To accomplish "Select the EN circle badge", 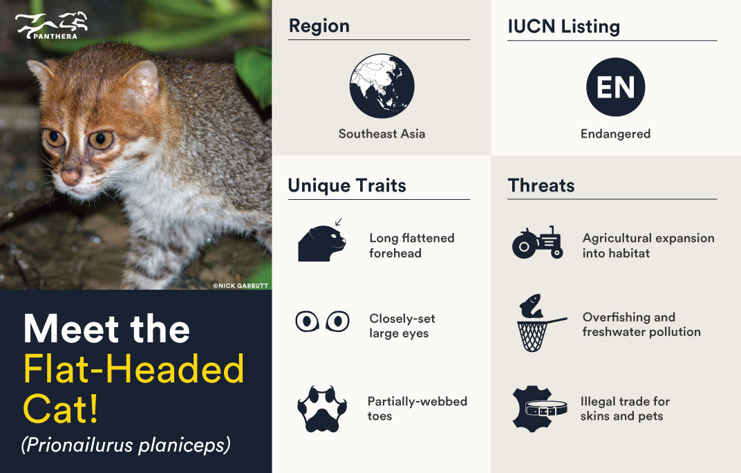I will point(615,87).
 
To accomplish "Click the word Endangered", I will point(615,134).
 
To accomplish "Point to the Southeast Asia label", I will point(382,134).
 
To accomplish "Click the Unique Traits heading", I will point(347,185).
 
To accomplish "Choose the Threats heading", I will point(541,185).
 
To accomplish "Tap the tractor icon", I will point(537,243).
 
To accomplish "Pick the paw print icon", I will point(321,408).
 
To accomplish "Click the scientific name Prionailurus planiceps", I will point(125,445).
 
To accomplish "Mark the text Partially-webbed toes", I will point(418,409).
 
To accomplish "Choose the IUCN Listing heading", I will point(563,27).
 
